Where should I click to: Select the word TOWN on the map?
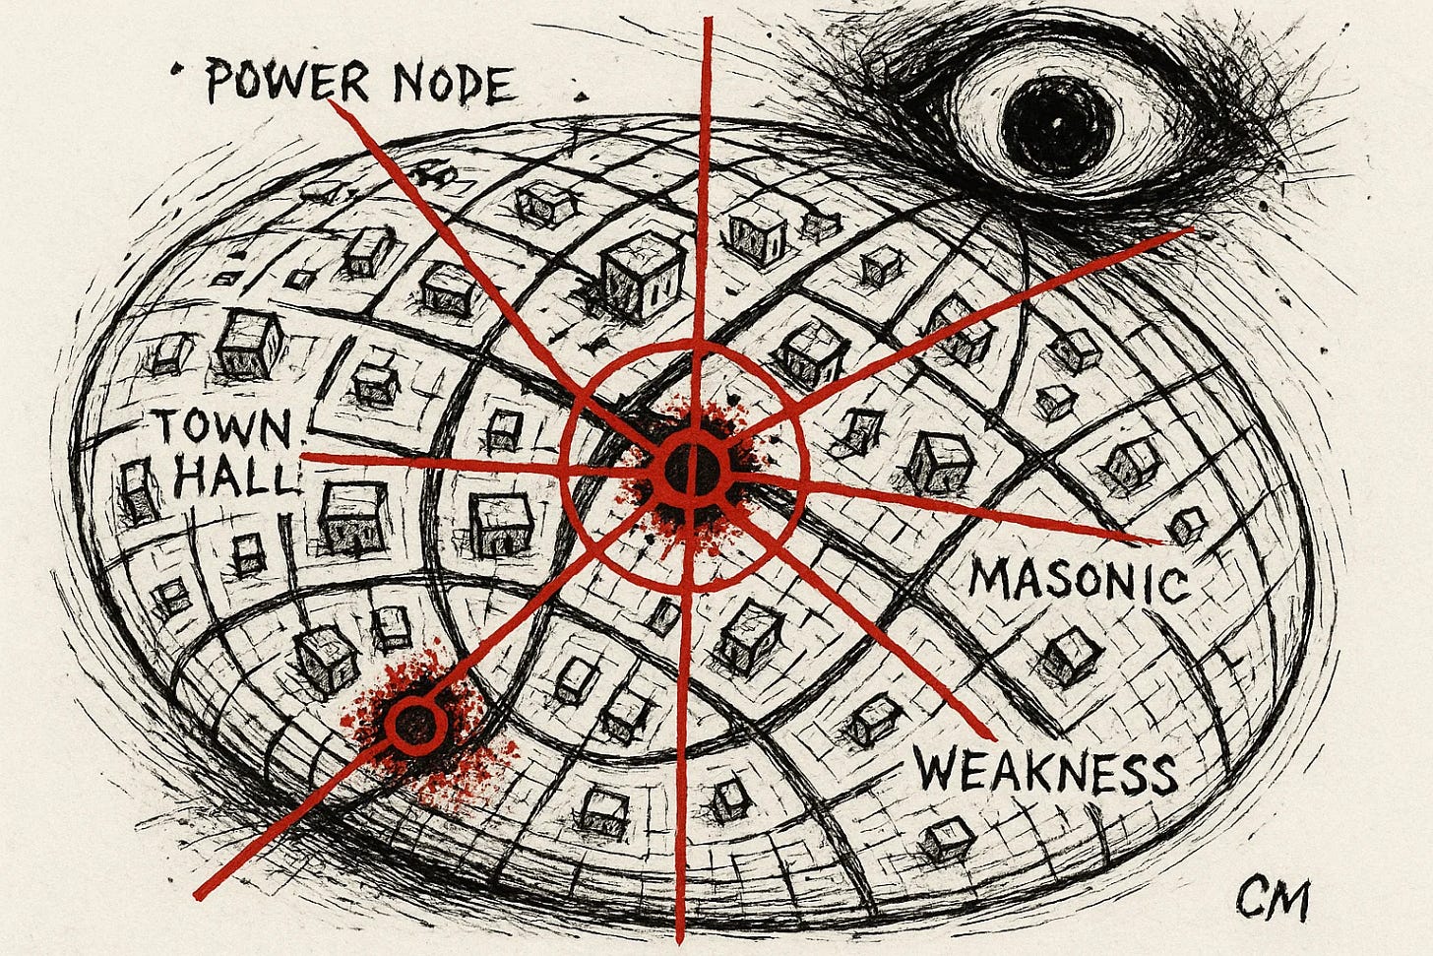click(224, 431)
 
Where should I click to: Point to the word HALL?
click(234, 478)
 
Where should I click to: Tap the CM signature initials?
click(1274, 901)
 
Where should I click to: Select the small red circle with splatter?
click(415, 725)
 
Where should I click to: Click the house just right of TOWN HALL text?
click(352, 517)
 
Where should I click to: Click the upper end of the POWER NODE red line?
click(333, 102)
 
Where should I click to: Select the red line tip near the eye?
click(1191, 230)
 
